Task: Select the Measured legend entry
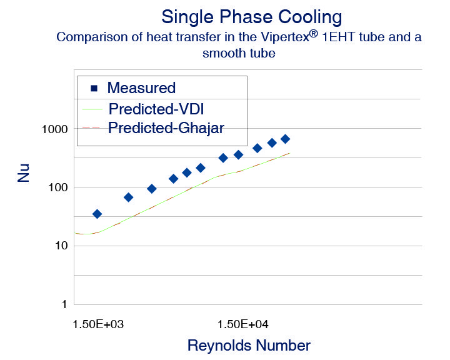(x=141, y=88)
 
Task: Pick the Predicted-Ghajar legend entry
(x=166, y=128)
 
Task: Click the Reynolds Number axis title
(x=249, y=346)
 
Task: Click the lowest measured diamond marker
(x=97, y=214)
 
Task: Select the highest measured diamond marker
(x=285, y=139)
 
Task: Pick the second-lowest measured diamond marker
(x=128, y=197)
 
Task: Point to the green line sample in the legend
(x=91, y=108)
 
